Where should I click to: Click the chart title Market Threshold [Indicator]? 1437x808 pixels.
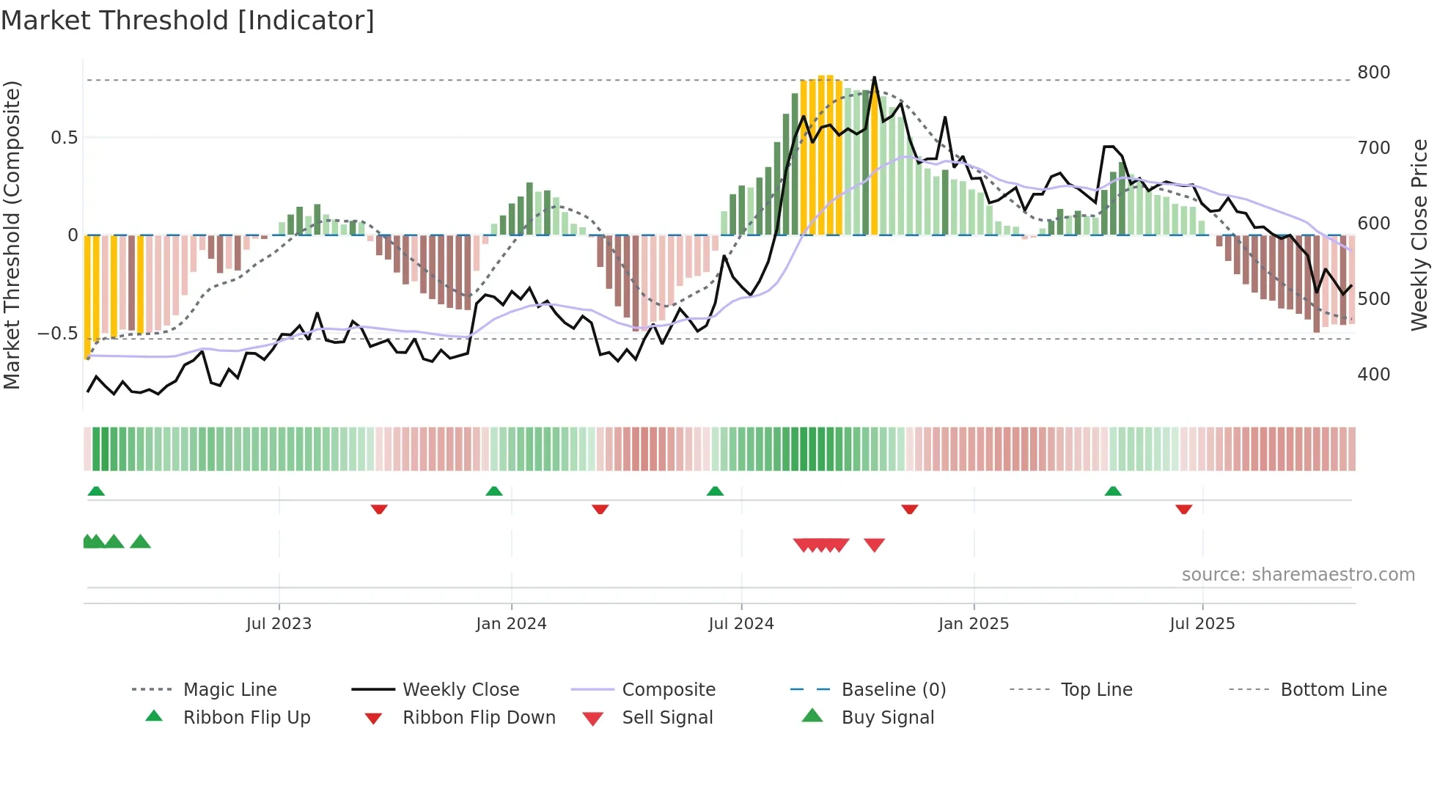[x=188, y=21]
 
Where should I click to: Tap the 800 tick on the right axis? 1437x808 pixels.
[x=1373, y=73]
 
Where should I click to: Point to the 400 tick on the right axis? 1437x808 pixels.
[x=1373, y=375]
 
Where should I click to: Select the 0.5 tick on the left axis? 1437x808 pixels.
[x=64, y=138]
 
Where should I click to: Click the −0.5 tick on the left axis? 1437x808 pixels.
[x=58, y=334]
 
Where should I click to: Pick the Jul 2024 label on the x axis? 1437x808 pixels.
[x=740, y=624]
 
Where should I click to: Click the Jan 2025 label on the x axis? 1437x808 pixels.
[x=973, y=624]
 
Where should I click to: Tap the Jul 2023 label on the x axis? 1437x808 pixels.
[x=279, y=624]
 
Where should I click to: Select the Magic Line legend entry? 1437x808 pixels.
[x=229, y=690]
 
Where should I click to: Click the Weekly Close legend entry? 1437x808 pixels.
[x=460, y=690]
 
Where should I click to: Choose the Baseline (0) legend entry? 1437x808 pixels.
[x=893, y=690]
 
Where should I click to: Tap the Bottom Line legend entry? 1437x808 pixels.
[x=1333, y=690]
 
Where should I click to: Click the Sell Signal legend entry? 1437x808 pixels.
[x=666, y=718]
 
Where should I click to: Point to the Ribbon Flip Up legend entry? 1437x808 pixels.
[x=246, y=718]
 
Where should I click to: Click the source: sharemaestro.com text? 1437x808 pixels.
[x=1298, y=575]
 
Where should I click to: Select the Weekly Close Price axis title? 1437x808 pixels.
[x=1419, y=235]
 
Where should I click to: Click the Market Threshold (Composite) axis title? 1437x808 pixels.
[x=12, y=235]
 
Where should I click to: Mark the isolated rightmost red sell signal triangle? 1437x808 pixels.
[x=874, y=545]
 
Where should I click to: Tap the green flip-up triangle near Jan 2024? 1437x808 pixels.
[x=494, y=491]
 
